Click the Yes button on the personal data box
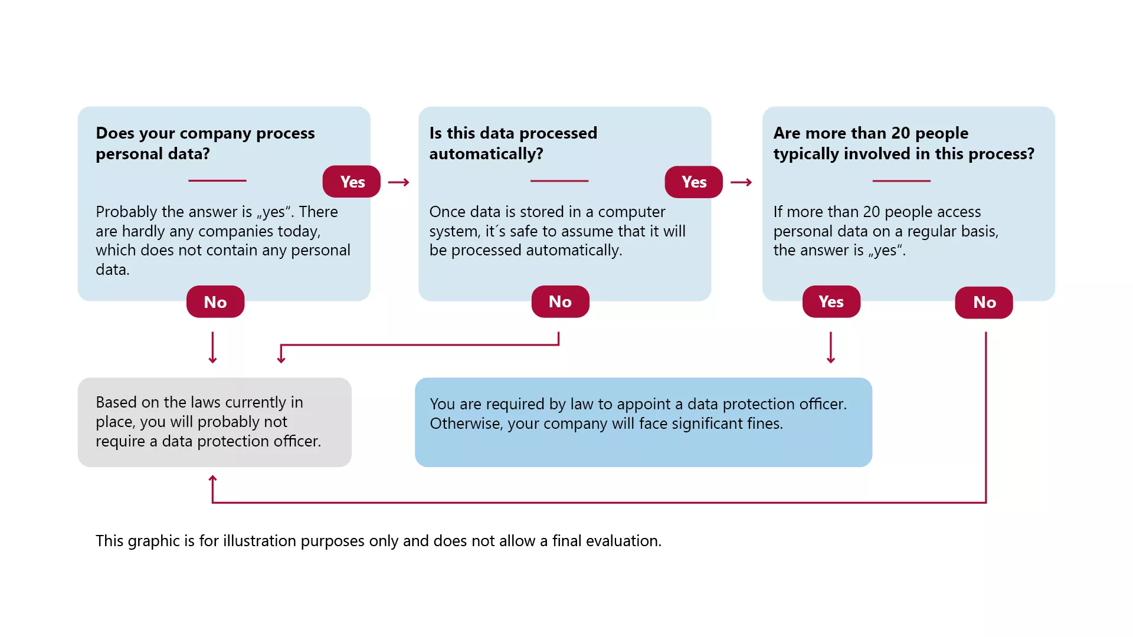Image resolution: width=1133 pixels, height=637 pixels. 352,182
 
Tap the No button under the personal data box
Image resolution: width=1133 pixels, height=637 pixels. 215,302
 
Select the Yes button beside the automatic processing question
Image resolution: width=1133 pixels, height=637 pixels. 694,182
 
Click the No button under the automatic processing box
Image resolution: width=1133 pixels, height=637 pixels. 560,302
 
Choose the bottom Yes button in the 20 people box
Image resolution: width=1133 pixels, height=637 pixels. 831,302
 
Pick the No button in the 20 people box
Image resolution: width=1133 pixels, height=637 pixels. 984,303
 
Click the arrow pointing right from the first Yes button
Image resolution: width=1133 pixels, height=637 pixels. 399,182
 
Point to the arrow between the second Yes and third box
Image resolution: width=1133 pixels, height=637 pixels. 741,182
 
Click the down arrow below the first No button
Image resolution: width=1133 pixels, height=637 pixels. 213,347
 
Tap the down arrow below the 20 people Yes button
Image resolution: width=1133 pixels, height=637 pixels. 831,347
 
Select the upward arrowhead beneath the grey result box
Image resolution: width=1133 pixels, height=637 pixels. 213,479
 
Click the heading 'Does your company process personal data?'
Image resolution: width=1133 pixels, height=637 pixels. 205,143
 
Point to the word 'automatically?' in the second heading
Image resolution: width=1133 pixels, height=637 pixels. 486,154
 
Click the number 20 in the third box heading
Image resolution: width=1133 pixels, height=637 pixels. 900,133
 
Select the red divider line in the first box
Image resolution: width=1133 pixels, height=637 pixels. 217,180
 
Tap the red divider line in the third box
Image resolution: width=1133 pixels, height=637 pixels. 901,180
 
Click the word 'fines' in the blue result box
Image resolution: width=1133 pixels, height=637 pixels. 765,423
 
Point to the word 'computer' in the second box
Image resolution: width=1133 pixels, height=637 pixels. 631,212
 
